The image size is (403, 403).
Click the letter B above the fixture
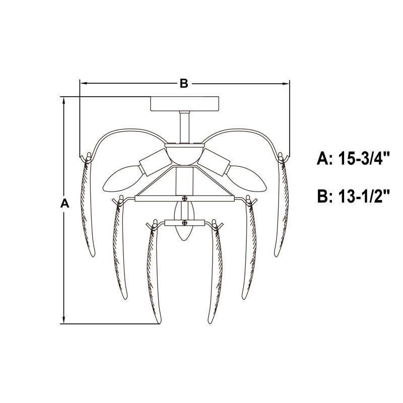pos(184,84)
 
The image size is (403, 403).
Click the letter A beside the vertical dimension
pos(65,203)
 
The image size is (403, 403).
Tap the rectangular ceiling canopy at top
pos(184,104)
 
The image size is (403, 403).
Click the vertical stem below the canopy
pos(184,127)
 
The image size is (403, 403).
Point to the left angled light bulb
pos(122,179)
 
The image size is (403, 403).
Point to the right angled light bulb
pos(247,179)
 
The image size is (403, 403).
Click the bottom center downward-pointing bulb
pos(184,221)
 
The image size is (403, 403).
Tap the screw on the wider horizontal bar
pos(184,198)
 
